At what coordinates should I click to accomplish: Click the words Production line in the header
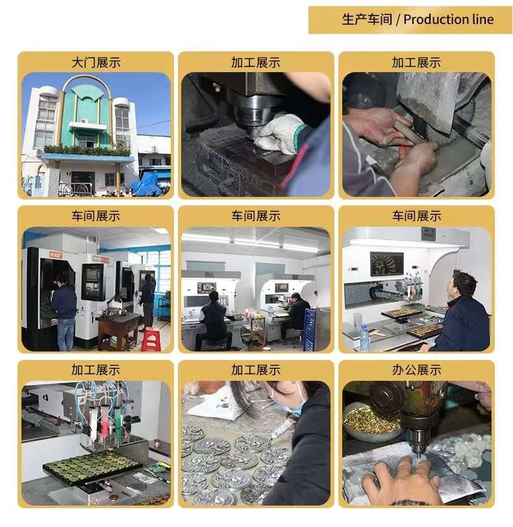(x=449, y=19)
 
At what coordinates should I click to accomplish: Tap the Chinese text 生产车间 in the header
(x=367, y=19)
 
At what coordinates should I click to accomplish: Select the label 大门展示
(x=95, y=62)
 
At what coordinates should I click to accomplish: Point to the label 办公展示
(x=417, y=370)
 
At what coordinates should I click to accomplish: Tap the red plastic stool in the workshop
(x=151, y=339)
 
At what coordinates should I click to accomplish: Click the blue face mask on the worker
(x=291, y=404)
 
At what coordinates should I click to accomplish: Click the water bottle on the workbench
(x=364, y=336)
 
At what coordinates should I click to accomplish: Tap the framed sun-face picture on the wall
(x=386, y=264)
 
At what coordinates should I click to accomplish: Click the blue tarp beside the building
(x=147, y=184)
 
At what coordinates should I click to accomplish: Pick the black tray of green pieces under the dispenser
(x=93, y=465)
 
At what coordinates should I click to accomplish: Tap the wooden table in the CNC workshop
(x=119, y=328)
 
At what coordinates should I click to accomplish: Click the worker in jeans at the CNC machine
(x=64, y=311)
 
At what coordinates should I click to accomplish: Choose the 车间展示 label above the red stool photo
(x=95, y=216)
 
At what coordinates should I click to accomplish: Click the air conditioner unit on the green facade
(x=84, y=121)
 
